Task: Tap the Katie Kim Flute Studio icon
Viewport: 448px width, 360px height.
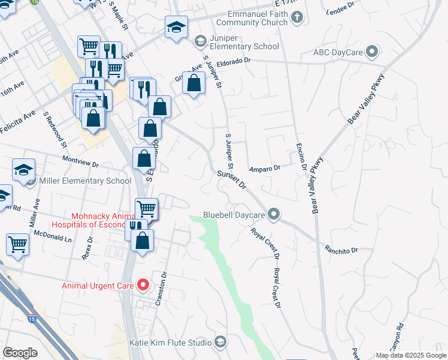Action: click(x=220, y=343)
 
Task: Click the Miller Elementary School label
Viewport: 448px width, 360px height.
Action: click(x=84, y=181)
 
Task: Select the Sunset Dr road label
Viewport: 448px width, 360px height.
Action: click(x=232, y=179)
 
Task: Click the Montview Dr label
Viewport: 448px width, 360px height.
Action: click(x=80, y=161)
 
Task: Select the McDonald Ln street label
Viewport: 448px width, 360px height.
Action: click(x=52, y=236)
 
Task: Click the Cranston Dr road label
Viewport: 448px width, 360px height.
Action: click(x=161, y=289)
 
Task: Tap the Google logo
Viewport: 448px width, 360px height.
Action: click(x=20, y=353)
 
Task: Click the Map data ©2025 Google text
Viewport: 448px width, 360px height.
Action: click(x=411, y=355)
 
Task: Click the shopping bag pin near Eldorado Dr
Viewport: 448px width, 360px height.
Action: click(x=193, y=83)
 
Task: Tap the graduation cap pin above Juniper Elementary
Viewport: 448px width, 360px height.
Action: click(x=177, y=26)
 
